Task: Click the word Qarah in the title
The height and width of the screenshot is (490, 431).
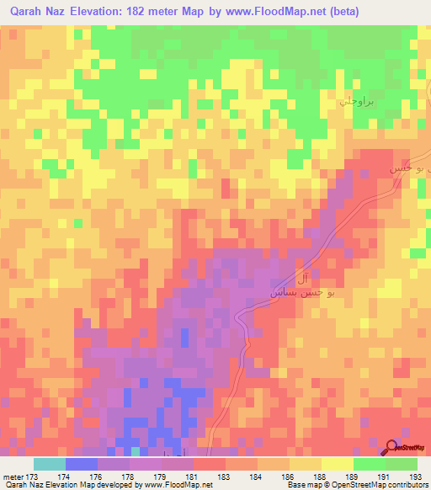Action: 28,12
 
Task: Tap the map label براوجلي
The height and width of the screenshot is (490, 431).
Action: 354,99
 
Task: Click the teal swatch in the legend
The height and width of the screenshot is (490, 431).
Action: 50,464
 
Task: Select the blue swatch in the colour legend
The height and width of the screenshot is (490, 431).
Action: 82,464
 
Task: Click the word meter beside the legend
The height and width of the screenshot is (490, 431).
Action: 12,476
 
